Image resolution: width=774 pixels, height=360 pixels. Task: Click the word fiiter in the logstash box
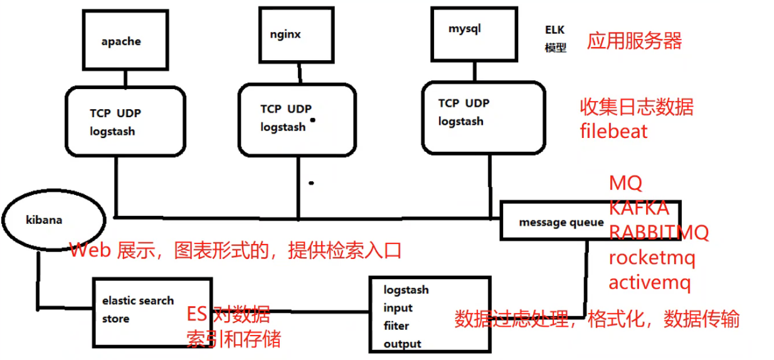pos(396,326)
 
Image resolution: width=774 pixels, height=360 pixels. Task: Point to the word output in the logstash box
pos(402,344)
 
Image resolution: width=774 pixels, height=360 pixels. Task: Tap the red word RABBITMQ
pos(659,233)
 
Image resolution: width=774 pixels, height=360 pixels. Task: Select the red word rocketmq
pos(652,257)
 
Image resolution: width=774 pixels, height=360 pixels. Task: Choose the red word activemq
pos(649,282)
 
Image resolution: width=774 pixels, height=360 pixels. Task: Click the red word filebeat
pos(613,132)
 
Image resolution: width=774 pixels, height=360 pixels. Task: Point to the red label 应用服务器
pos(634,41)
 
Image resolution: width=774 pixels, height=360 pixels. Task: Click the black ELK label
pos(555,30)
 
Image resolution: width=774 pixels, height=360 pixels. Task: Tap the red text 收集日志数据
pos(636,107)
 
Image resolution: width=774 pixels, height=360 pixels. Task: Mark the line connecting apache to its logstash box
pos(125,78)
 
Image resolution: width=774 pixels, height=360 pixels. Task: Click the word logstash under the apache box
pos(112,132)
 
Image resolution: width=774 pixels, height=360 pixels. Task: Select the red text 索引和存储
pos(233,339)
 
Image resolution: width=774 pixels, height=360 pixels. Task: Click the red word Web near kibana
pos(88,251)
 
